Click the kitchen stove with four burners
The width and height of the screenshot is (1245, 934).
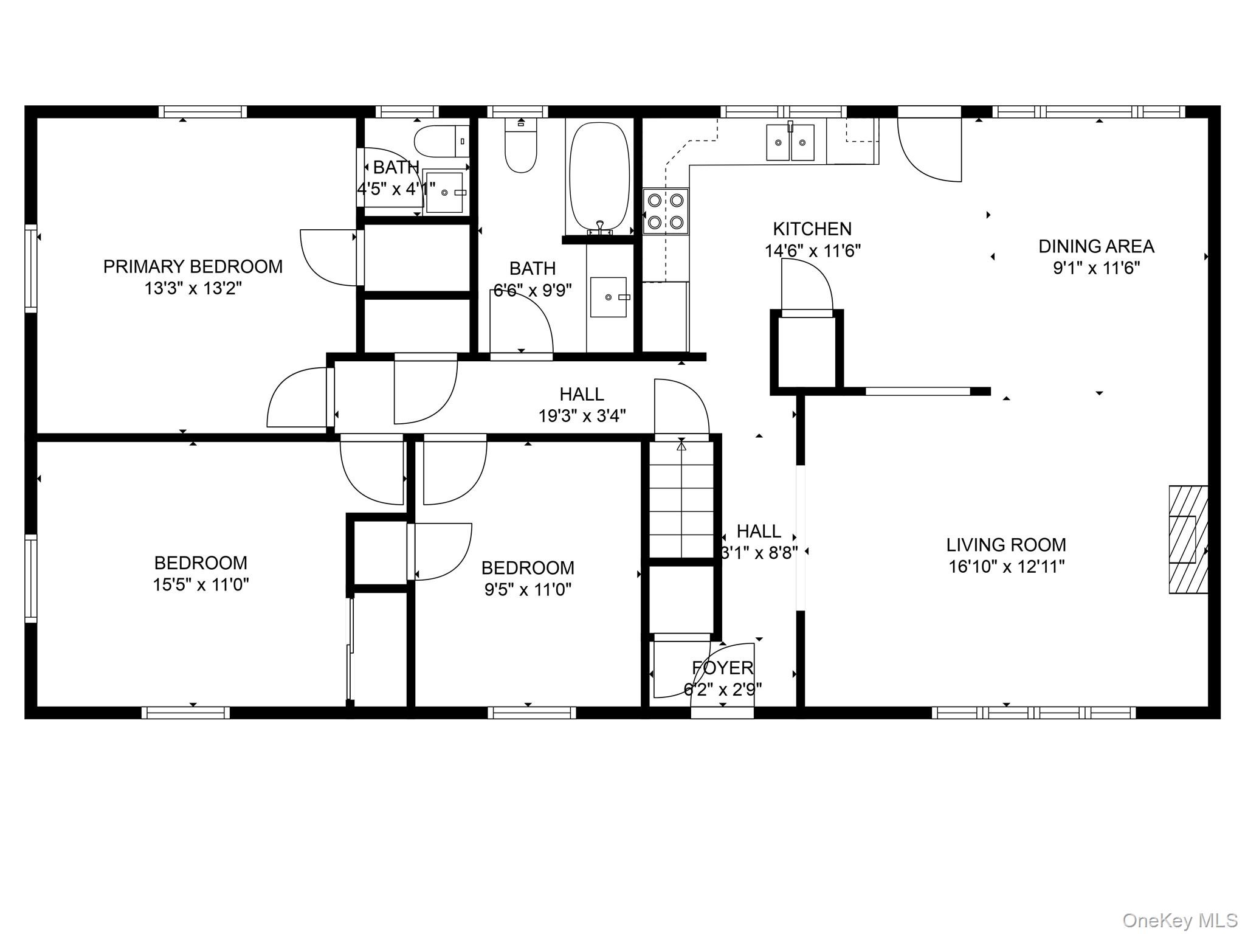(x=666, y=211)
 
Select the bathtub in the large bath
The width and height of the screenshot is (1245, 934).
(x=599, y=177)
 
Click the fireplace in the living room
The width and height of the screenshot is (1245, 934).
(x=1188, y=539)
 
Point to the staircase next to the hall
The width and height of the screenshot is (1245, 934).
(x=681, y=499)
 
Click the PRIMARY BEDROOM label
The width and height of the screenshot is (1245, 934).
(x=193, y=266)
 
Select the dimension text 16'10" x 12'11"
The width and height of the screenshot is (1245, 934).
(x=1006, y=567)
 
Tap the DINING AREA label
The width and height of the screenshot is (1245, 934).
(x=1095, y=246)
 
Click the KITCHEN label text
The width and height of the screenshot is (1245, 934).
(x=812, y=229)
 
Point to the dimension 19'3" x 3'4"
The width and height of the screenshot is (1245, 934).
(x=582, y=416)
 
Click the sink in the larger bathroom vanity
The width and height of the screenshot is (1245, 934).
(x=609, y=297)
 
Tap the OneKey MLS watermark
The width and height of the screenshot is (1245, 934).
(x=1179, y=920)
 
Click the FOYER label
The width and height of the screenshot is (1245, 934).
(x=723, y=668)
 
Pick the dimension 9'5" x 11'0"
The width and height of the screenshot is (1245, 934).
(x=527, y=589)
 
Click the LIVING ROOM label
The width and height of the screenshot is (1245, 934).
(x=1006, y=544)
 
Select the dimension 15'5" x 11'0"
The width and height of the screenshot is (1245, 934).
(x=201, y=584)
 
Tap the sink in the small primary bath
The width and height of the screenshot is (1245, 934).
(x=444, y=192)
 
